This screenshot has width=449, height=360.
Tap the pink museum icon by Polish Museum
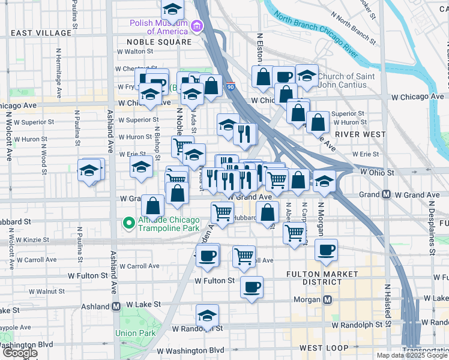point(197,26)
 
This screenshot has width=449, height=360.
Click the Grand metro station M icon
point(387,194)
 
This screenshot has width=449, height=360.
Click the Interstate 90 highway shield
point(231,87)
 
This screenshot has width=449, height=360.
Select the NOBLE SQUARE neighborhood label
point(159,42)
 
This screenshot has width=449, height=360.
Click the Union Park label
point(135,333)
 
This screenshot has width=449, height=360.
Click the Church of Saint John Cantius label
point(346,80)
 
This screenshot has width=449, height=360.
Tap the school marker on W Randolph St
point(208,316)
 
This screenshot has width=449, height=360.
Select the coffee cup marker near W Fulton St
point(252,286)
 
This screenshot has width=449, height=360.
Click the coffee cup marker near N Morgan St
point(326,250)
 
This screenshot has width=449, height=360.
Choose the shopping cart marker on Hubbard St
point(222,212)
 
